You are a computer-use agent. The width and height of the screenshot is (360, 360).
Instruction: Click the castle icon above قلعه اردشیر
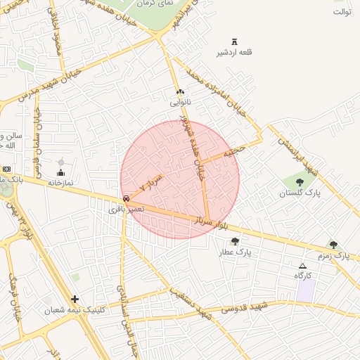pyautogui.click(x=234, y=41)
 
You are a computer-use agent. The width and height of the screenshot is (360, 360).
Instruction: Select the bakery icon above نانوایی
pyautogui.click(x=180, y=92)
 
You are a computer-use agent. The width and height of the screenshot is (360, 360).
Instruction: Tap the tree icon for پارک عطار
pyautogui.click(x=235, y=241)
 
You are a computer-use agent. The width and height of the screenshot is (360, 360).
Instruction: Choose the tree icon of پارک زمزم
pyautogui.click(x=333, y=245)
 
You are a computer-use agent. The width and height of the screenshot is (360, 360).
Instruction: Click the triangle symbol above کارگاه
pyautogui.click(x=302, y=266)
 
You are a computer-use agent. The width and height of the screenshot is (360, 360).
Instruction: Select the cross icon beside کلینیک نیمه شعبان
pyautogui.click(x=75, y=299)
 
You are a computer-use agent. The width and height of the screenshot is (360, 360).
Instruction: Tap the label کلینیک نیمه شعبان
pyautogui.click(x=74, y=310)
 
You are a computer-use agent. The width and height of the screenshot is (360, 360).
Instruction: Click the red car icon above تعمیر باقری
pyautogui.click(x=126, y=198)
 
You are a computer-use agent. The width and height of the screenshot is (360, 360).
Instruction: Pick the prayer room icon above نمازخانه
pyautogui.click(x=60, y=172)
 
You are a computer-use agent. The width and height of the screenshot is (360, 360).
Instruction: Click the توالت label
pyautogui.click(x=342, y=12)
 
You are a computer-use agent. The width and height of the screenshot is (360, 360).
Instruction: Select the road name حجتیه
pyautogui.click(x=234, y=151)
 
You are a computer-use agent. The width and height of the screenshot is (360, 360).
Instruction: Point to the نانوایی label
pyautogui.click(x=180, y=103)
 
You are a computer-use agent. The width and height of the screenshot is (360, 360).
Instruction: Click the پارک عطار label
pyautogui.click(x=235, y=252)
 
